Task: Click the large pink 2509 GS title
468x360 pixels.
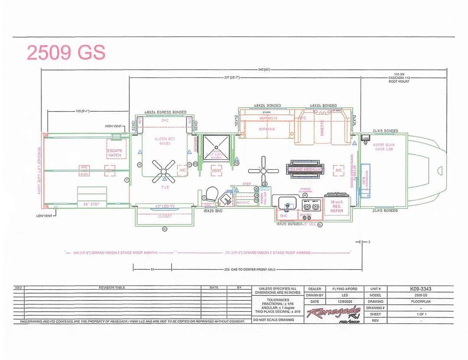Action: click(x=66, y=53)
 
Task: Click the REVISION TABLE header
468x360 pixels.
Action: click(x=112, y=288)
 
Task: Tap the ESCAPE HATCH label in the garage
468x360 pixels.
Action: click(x=115, y=153)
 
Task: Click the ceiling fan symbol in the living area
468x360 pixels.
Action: click(x=263, y=170)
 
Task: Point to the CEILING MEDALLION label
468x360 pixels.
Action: click(x=304, y=170)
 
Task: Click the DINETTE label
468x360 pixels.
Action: click(x=322, y=128)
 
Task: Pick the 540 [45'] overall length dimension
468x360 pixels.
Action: click(x=264, y=70)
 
